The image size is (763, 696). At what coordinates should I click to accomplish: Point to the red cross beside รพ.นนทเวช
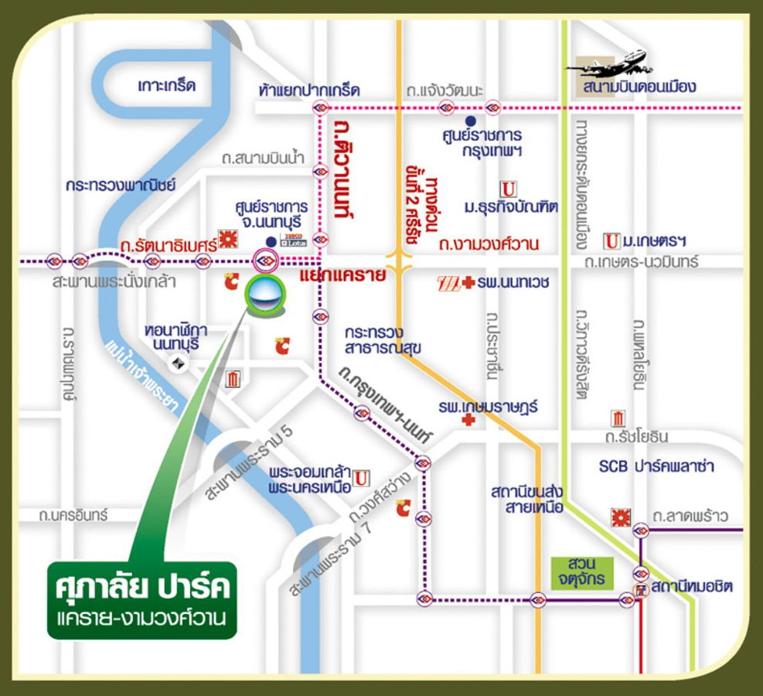468,284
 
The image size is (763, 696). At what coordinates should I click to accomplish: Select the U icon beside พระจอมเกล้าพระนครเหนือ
361,479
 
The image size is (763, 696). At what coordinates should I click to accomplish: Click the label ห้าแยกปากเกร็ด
309,90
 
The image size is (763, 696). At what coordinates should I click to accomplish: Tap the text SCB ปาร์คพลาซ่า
656,466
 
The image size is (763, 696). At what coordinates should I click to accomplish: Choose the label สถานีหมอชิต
691,588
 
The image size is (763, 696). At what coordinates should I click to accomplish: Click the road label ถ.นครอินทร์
75,514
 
